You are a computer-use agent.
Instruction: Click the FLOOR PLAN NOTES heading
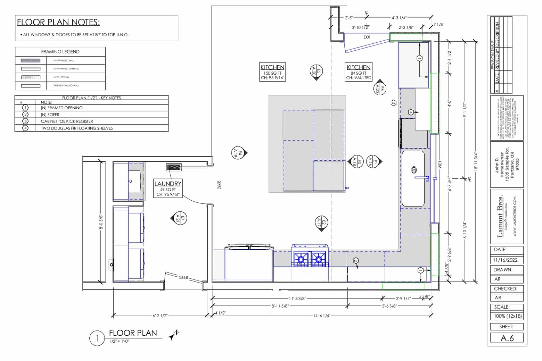click(x=58, y=22)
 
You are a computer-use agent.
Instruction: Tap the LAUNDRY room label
click(x=168, y=184)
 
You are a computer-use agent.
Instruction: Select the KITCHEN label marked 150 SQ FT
click(x=272, y=67)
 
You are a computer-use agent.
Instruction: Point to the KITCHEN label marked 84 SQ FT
click(x=358, y=67)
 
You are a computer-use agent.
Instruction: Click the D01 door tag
click(x=367, y=37)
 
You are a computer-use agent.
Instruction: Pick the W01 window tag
click(x=440, y=165)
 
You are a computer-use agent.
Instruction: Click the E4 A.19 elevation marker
click(x=239, y=152)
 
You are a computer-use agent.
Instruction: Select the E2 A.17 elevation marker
click(x=322, y=222)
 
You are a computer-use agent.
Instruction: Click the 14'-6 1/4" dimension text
click(x=321, y=316)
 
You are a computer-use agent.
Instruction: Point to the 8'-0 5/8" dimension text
click(x=101, y=222)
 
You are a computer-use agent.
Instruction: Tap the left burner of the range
click(x=301, y=259)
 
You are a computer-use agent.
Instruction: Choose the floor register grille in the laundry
click(x=174, y=167)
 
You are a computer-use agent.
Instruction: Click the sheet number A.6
click(x=507, y=338)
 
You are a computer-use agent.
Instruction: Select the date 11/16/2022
click(x=505, y=260)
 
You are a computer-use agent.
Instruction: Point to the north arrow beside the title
click(x=174, y=335)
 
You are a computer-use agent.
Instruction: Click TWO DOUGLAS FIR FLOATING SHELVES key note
click(x=77, y=128)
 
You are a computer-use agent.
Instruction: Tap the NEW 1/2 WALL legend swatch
click(x=31, y=77)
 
